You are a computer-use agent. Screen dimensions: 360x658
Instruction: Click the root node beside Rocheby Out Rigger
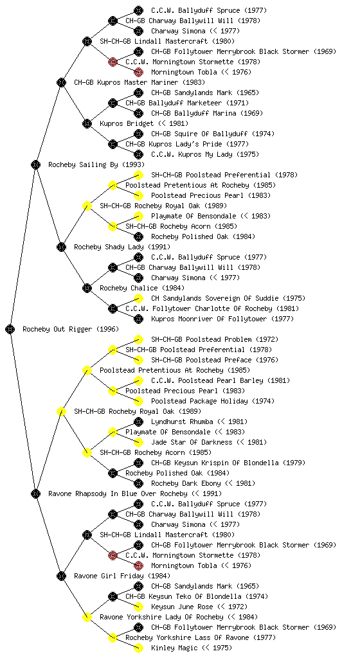(x=10, y=329)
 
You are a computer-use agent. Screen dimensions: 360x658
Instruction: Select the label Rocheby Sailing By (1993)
(x=96, y=164)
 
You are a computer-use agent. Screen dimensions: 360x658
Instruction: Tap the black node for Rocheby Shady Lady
(x=61, y=247)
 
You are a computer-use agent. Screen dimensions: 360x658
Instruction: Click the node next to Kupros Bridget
(x=87, y=123)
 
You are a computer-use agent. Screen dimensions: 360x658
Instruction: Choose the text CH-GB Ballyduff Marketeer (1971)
(x=186, y=103)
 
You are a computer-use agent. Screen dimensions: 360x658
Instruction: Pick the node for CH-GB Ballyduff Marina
(x=138, y=113)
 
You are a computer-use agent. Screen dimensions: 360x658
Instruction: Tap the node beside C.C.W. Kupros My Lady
(x=138, y=154)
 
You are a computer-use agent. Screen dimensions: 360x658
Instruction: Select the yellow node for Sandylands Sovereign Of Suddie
(x=138, y=298)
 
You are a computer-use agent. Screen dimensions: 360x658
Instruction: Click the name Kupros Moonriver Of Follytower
(x=208, y=319)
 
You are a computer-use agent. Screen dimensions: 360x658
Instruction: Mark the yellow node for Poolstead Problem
(x=138, y=339)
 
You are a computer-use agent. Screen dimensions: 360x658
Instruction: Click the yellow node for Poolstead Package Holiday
(x=138, y=401)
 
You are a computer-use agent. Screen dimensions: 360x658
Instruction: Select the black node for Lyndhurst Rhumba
(x=138, y=422)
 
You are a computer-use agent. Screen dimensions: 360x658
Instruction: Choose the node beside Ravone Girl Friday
(x=61, y=576)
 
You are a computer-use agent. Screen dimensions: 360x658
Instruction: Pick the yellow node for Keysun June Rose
(x=138, y=607)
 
